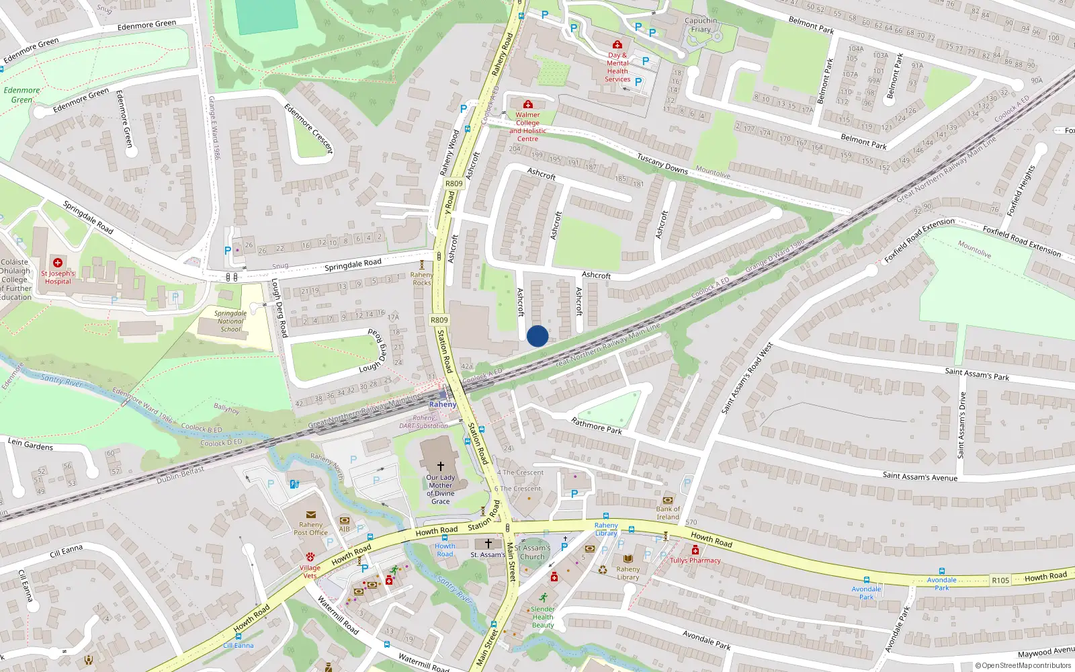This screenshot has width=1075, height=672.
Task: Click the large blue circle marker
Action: point(537,336)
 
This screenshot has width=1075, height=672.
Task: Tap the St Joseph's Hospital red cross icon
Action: point(58,263)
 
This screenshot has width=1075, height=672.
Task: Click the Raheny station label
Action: point(443,404)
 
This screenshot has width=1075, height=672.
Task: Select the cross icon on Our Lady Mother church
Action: point(441,466)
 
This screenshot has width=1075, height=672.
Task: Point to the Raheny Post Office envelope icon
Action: point(310,515)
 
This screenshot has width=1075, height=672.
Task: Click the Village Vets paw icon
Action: point(310,557)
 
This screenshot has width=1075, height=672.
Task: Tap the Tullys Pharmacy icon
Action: point(695,550)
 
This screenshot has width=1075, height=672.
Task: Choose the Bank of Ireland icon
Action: point(668,500)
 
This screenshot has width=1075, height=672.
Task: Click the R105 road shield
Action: point(1000,580)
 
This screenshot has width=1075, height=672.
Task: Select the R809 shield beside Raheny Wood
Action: point(454,183)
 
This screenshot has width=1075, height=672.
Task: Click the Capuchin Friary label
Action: point(701,25)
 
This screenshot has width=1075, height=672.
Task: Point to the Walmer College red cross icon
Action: point(528,104)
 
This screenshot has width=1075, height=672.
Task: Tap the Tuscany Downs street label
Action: point(662,164)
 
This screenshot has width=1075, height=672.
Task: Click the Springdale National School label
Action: point(230,321)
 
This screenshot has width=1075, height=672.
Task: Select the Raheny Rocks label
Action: point(422,278)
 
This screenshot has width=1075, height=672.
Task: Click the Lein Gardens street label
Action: point(30,444)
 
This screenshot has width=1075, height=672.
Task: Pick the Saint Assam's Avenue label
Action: point(920,476)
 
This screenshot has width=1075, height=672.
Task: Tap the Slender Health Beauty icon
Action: point(543,597)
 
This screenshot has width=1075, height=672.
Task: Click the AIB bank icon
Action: point(345,520)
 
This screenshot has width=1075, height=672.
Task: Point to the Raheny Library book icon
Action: point(628,558)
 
